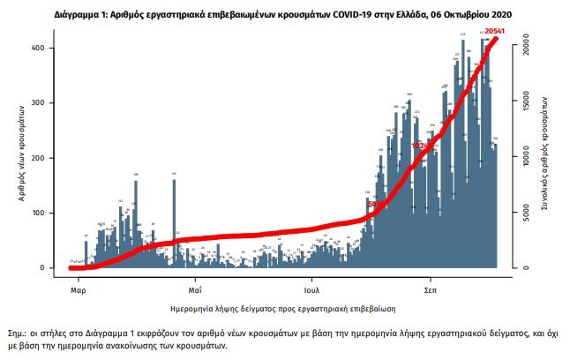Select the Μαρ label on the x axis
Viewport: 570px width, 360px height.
[78, 289]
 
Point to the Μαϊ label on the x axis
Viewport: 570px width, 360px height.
[195, 289]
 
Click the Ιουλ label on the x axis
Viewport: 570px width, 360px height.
[311, 289]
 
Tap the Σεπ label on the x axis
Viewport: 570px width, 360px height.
[431, 289]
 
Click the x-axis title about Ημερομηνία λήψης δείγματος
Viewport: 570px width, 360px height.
[282, 311]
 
